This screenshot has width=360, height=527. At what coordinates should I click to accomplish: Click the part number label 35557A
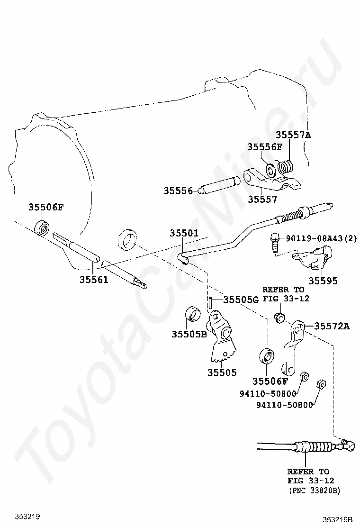click(x=294, y=135)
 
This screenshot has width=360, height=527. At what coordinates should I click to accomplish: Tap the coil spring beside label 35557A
click(x=286, y=167)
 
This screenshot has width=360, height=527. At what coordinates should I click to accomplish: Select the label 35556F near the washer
click(x=265, y=147)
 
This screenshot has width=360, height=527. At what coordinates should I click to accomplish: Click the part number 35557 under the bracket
click(x=262, y=200)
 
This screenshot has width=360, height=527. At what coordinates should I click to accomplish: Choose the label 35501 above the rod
click(x=184, y=233)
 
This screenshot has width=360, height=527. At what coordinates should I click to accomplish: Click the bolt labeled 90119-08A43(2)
click(x=274, y=243)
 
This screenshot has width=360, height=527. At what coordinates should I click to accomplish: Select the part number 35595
click(x=323, y=281)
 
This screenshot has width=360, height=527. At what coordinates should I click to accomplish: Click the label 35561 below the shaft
click(x=94, y=279)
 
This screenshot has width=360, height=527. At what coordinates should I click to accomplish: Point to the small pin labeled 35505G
click(x=210, y=303)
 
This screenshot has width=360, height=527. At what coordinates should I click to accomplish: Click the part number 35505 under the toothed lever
click(x=222, y=373)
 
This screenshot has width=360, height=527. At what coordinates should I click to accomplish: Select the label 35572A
click(x=332, y=326)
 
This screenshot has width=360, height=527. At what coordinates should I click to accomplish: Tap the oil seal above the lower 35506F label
click(x=267, y=356)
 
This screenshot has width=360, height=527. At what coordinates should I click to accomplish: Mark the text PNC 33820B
click(x=315, y=491)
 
